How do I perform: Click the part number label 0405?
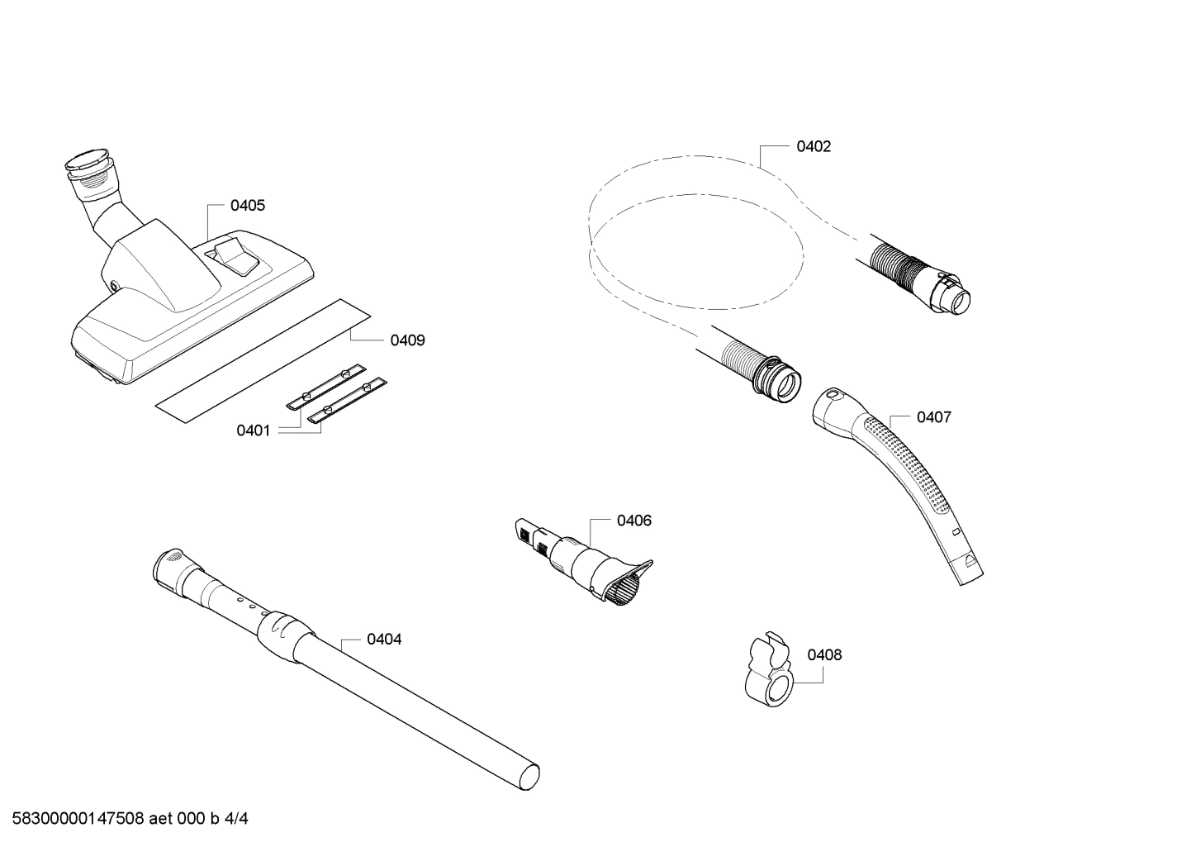(x=248, y=206)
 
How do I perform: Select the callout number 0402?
(x=814, y=147)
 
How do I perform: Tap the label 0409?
(x=407, y=340)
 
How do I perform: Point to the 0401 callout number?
(x=254, y=431)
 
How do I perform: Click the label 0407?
(x=933, y=417)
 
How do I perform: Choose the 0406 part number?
(x=633, y=521)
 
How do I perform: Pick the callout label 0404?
(x=384, y=640)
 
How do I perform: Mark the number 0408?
(x=824, y=655)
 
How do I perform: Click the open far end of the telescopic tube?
(x=529, y=778)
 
